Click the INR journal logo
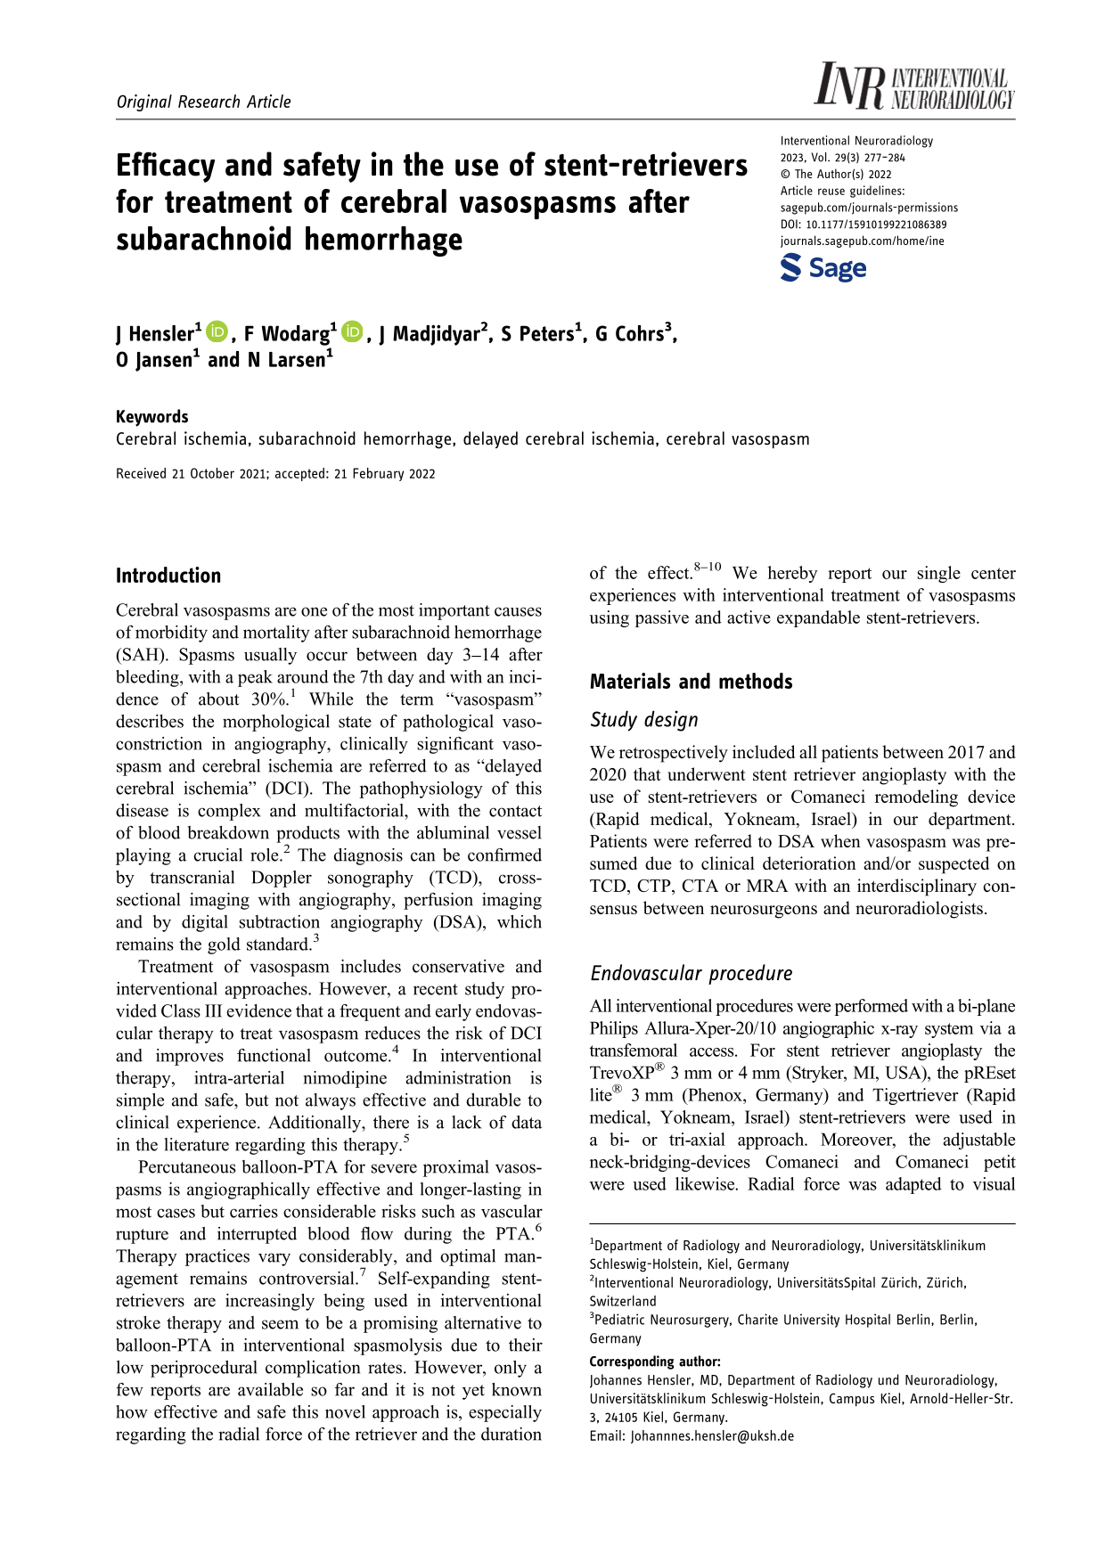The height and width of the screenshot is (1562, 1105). [913, 87]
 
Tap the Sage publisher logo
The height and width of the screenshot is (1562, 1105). [823, 268]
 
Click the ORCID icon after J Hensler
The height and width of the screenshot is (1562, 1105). [217, 332]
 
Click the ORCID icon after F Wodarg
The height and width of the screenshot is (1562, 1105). [352, 332]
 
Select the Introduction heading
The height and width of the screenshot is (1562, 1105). [168, 576]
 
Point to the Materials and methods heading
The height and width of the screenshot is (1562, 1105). [691, 682]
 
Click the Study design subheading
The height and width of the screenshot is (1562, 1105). [643, 720]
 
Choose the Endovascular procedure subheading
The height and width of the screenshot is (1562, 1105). [691, 973]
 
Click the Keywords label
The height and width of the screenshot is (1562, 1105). [152, 416]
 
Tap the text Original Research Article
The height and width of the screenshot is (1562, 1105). [203, 102]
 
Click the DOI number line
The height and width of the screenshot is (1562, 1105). [863, 225]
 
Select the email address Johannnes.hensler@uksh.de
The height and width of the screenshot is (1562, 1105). [711, 1435]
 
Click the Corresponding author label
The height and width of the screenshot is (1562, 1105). [654, 1362]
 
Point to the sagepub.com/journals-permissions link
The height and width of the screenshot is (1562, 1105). [869, 208]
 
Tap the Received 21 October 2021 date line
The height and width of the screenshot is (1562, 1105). [275, 474]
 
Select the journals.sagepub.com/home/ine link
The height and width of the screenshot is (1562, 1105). [862, 241]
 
